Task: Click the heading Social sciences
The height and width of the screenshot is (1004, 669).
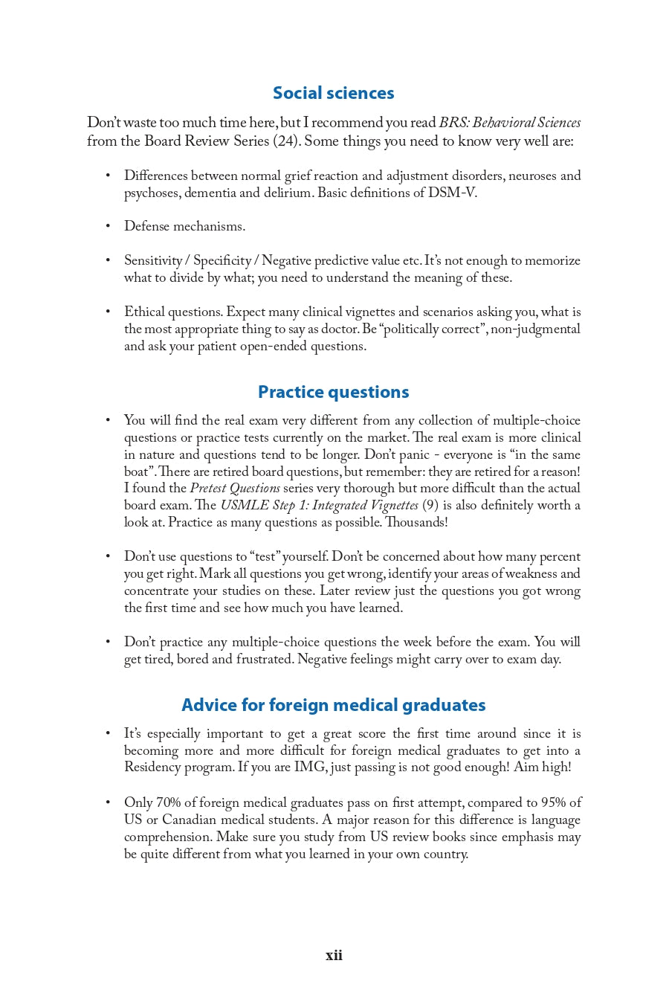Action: [333, 93]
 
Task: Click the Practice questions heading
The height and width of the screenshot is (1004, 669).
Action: [333, 392]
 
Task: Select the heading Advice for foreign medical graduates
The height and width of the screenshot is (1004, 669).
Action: [333, 705]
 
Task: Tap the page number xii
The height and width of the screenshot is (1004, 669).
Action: [334, 956]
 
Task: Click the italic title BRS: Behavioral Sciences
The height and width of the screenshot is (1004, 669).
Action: [509, 123]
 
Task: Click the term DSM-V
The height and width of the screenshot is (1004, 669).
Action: [451, 193]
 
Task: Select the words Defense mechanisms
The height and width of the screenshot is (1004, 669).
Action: [184, 226]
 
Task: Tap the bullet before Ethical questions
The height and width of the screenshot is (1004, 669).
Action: [108, 312]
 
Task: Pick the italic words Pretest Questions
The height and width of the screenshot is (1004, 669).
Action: [235, 489]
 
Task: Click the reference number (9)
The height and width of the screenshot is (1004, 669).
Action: [430, 506]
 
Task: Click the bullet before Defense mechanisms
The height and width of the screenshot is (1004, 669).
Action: [108, 226]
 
